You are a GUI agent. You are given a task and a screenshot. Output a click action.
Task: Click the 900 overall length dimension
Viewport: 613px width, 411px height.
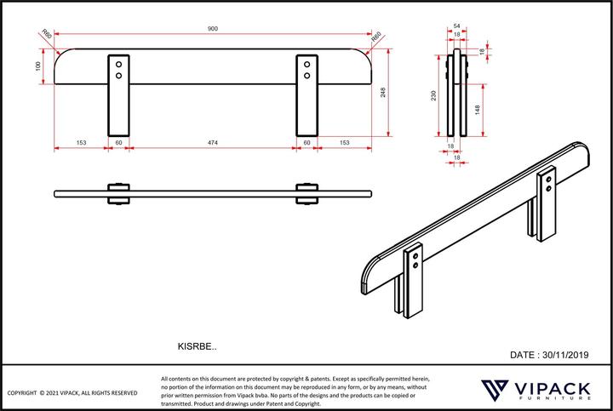point(213,30)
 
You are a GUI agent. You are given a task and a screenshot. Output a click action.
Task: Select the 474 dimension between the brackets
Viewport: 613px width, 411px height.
point(213,143)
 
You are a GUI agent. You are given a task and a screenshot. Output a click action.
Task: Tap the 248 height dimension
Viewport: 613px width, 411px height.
point(384,93)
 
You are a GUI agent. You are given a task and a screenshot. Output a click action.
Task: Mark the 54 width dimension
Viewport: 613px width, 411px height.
point(457,27)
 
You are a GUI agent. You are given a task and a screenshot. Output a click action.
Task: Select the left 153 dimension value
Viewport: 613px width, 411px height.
point(80,143)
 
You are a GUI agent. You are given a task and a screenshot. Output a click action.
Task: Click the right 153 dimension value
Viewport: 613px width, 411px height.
point(345,143)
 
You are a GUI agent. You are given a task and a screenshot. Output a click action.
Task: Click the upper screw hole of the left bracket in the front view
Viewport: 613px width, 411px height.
point(119,64)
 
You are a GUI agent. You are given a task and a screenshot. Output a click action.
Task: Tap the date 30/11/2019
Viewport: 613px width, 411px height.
point(549,354)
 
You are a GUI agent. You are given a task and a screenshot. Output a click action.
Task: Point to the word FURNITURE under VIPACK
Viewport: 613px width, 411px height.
point(553,400)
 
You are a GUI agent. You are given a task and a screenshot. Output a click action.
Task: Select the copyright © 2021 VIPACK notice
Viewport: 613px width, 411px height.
point(72,393)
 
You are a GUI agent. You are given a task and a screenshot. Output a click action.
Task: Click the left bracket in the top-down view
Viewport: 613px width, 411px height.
point(118,193)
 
